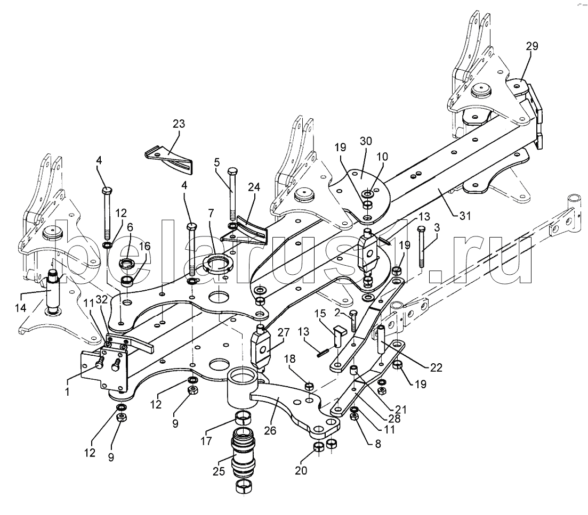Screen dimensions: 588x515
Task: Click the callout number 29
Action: click(531, 46)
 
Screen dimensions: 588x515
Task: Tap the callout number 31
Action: click(465, 216)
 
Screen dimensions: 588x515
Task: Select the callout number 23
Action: click(179, 124)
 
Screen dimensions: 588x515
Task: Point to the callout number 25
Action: click(219, 471)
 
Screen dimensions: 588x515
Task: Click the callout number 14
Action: click(21, 308)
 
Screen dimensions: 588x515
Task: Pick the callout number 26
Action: click(270, 431)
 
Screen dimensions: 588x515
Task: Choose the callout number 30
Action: click(366, 141)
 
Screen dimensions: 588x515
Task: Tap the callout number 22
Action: click(436, 367)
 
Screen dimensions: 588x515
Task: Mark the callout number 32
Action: click(102, 300)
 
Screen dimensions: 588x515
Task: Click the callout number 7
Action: click(211, 214)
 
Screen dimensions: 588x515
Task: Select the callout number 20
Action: click(301, 470)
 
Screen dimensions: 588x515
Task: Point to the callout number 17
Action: click(206, 441)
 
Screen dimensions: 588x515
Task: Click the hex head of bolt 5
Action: click(232, 171)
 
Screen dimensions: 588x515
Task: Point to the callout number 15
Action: click(321, 313)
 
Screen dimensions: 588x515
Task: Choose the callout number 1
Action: click(68, 392)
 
